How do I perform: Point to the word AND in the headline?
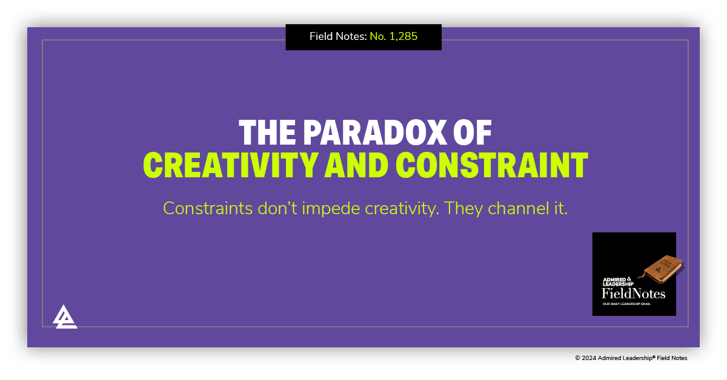pos(353,165)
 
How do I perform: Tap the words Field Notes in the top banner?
pos(337,36)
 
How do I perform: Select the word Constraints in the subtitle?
pos(200,209)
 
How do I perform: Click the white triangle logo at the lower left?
pos(65,316)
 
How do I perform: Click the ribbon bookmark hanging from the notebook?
pos(647,285)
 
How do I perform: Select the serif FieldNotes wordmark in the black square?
pos(633,294)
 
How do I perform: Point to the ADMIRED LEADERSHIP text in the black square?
pos(617,282)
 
